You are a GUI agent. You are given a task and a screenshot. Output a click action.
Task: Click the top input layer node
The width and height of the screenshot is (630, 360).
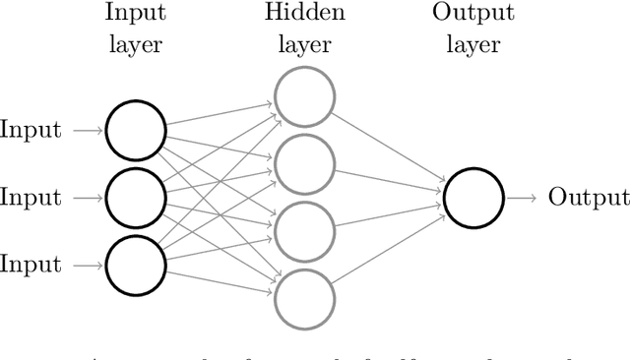(135, 131)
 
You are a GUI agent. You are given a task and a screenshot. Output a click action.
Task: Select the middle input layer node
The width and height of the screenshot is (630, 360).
(135, 198)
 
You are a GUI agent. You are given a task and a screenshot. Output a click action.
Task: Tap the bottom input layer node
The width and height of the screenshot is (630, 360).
(135, 265)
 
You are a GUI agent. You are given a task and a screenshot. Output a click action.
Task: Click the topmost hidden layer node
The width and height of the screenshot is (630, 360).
(303, 96)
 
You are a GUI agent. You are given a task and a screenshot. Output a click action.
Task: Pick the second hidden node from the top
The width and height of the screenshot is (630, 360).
(303, 163)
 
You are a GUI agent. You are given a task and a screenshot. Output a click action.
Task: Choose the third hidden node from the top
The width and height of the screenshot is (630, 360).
(303, 230)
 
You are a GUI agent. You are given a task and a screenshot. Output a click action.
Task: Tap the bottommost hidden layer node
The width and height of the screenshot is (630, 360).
(303, 297)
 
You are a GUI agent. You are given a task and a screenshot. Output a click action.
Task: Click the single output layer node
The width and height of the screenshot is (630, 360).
(472, 198)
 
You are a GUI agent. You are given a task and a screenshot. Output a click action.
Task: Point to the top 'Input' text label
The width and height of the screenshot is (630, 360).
(31, 130)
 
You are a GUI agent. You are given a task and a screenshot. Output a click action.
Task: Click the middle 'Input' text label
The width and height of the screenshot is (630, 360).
(31, 197)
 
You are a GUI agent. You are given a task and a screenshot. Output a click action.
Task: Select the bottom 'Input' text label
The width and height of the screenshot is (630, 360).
(31, 264)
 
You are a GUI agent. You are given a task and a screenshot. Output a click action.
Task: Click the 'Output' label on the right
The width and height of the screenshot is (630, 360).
(588, 197)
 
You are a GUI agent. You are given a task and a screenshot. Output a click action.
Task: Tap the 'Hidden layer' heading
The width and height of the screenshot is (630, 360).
(303, 29)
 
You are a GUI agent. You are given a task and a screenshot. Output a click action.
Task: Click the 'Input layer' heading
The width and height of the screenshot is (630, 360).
(135, 29)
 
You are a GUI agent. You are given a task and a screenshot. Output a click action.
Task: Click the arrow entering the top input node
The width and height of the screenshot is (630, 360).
(87, 131)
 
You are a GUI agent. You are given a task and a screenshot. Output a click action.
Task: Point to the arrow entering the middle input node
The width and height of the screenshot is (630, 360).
(87, 198)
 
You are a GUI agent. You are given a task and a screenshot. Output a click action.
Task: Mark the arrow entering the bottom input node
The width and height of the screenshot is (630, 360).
(87, 265)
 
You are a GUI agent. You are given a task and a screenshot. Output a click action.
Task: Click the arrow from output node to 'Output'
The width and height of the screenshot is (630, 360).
(521, 198)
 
